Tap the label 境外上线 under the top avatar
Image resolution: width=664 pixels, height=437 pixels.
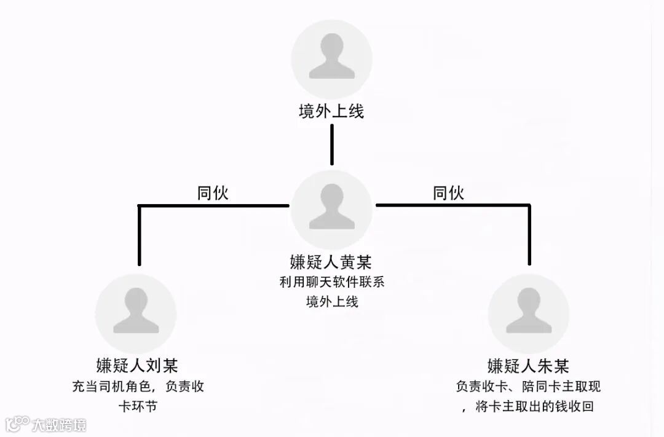(331, 111)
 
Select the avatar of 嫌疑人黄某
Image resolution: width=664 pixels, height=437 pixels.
(331, 210)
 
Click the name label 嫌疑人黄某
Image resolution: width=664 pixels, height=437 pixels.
(331, 261)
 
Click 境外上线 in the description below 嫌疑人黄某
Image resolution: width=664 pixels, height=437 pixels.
(331, 302)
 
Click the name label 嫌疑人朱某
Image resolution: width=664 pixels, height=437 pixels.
(528, 366)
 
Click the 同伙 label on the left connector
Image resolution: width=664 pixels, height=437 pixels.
(213, 193)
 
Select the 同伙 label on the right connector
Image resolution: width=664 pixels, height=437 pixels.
(448, 193)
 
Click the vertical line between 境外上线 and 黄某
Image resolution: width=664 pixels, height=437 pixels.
(332, 144)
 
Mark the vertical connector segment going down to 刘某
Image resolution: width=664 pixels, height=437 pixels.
(140, 237)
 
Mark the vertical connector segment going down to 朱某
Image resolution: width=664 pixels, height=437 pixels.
(528, 237)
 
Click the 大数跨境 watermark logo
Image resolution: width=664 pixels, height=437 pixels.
(46, 424)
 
